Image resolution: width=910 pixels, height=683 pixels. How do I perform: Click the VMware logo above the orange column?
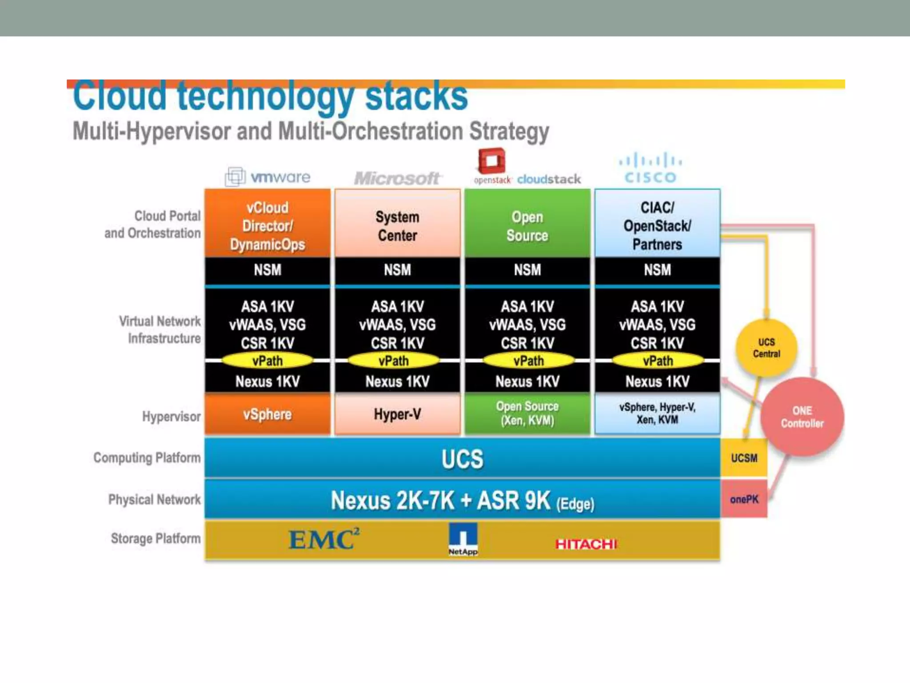click(268, 177)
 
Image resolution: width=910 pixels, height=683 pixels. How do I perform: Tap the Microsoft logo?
click(397, 178)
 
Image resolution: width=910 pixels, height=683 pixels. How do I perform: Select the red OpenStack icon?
click(491, 161)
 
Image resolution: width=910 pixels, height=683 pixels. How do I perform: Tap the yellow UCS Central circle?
click(766, 348)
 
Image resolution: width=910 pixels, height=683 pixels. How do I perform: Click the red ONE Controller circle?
click(802, 417)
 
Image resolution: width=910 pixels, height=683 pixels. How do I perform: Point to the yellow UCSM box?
click(744, 458)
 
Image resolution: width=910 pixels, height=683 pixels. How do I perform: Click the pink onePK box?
click(744, 499)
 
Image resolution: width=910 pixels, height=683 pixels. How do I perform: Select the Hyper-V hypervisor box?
click(397, 414)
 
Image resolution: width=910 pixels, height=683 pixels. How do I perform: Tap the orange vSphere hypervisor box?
click(267, 414)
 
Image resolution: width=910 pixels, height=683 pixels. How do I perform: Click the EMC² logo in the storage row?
click(324, 539)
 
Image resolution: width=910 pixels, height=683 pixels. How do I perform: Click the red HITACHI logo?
click(586, 544)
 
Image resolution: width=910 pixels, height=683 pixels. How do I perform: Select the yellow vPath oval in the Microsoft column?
click(394, 361)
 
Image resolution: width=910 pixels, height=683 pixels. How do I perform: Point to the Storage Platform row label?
click(156, 538)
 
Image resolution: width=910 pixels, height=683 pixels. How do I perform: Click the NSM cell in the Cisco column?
click(657, 270)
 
